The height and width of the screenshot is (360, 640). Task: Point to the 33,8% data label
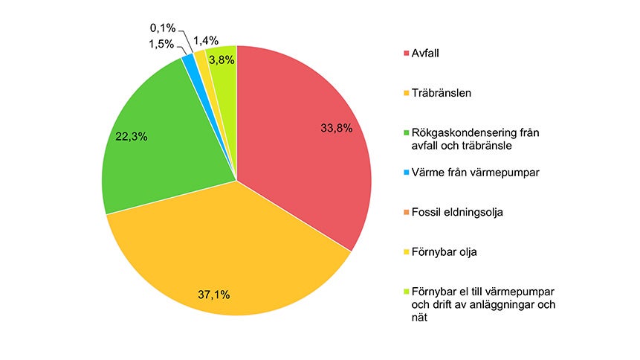[x=336, y=128]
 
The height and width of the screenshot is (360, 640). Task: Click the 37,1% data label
[x=214, y=295]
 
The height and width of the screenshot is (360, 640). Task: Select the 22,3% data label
[x=132, y=136]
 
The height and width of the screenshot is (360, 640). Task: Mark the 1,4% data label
[x=207, y=40]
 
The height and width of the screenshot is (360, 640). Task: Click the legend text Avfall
[x=426, y=53]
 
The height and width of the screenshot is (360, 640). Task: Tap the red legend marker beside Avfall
[x=406, y=53]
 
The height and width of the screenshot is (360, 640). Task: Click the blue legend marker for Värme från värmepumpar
[x=406, y=173]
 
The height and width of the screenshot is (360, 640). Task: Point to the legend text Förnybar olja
[x=445, y=252]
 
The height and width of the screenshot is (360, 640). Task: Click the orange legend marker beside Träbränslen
[x=406, y=94]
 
